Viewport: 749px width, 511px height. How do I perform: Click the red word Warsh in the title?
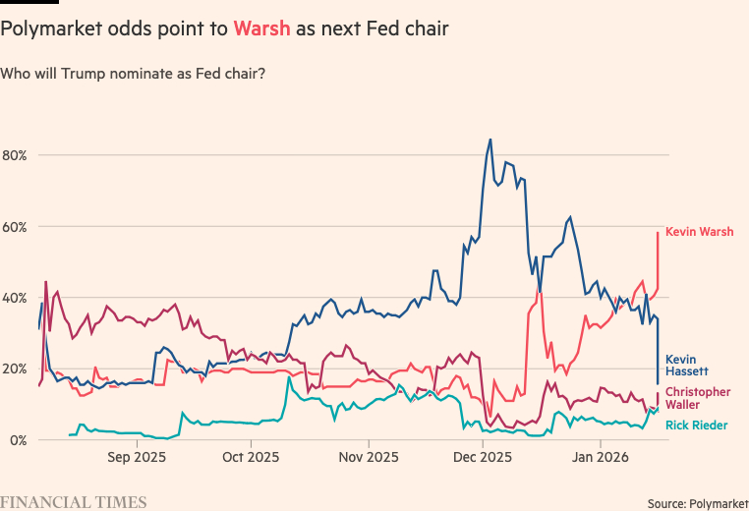(261, 29)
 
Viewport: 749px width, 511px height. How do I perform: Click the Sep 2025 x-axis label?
(136, 457)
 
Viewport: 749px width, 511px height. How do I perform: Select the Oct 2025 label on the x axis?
(251, 457)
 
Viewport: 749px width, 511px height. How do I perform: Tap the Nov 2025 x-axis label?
(368, 457)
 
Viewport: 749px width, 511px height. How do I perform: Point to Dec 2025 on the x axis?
(483, 457)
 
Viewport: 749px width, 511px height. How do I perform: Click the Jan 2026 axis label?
(600, 457)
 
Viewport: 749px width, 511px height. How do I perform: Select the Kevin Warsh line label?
(699, 233)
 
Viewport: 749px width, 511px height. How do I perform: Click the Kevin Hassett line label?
(688, 366)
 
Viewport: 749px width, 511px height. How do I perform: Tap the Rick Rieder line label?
(697, 426)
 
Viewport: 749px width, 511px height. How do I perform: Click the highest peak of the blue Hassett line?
(490, 140)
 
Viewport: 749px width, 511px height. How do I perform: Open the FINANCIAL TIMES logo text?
(74, 502)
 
